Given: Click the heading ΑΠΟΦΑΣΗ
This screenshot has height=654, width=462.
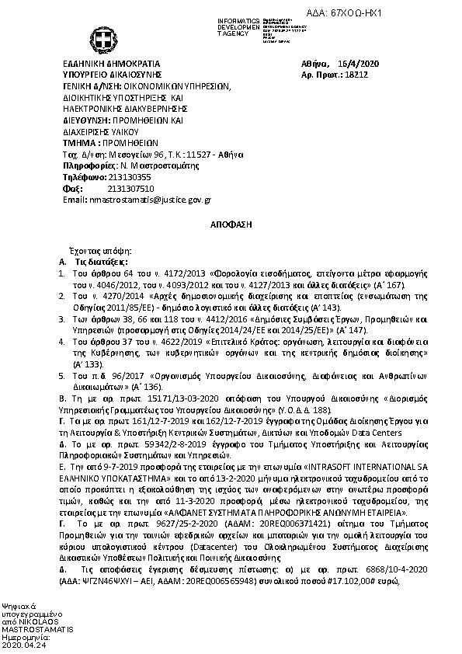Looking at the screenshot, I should [x=230, y=224].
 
